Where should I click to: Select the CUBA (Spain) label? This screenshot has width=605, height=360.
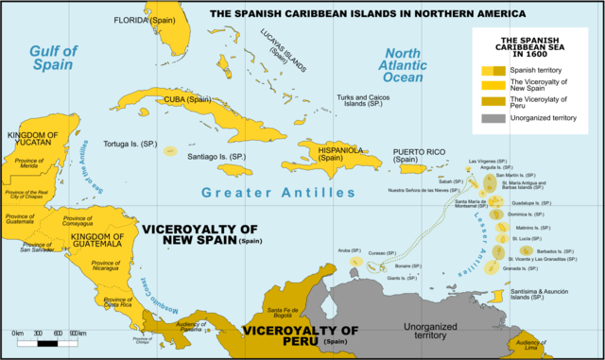coord(186,99)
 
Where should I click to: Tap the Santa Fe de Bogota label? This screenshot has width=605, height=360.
coord(284,315)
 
